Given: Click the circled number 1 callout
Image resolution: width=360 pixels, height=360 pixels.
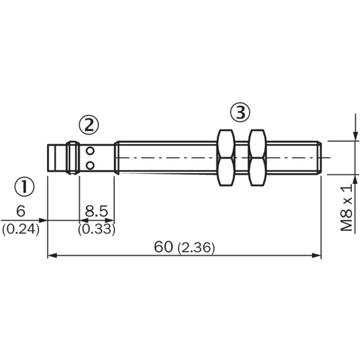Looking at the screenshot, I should click(25, 186).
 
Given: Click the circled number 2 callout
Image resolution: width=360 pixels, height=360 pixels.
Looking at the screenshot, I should click(88, 125).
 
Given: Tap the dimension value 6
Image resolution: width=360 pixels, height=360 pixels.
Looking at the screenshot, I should click(20, 211).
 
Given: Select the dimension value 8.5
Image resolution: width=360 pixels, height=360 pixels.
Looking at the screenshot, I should click(96, 211).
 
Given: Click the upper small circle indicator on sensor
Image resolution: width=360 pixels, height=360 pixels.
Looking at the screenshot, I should click(90, 150).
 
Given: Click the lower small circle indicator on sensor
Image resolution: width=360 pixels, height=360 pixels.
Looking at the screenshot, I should click(90, 165).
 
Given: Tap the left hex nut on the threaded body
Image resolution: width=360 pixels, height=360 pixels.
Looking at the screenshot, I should click(226, 157).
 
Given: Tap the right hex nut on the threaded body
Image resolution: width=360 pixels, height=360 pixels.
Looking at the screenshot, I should click(257, 157).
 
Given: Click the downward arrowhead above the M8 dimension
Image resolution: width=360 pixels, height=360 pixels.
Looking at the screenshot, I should click(355, 136).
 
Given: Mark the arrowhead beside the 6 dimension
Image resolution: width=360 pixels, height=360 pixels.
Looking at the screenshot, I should click(43, 220).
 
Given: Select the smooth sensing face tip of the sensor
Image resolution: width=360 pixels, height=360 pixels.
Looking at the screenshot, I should click(57, 158).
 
